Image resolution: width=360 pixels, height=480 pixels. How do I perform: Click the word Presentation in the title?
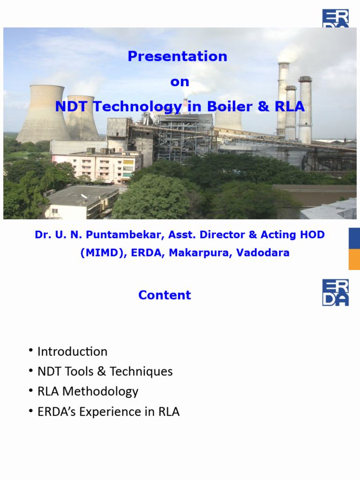[177, 56]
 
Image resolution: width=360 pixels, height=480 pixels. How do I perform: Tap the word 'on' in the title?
[180, 82]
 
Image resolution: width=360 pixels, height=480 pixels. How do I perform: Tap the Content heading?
[165, 295]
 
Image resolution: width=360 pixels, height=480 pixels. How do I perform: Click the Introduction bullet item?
[72, 352]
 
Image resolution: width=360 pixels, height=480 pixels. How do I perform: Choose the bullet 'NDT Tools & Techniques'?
[105, 372]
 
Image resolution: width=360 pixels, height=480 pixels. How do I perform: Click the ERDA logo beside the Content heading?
[335, 292]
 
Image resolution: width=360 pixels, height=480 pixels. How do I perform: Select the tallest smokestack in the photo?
[283, 98]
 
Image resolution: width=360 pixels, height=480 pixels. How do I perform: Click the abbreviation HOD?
[312, 235]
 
